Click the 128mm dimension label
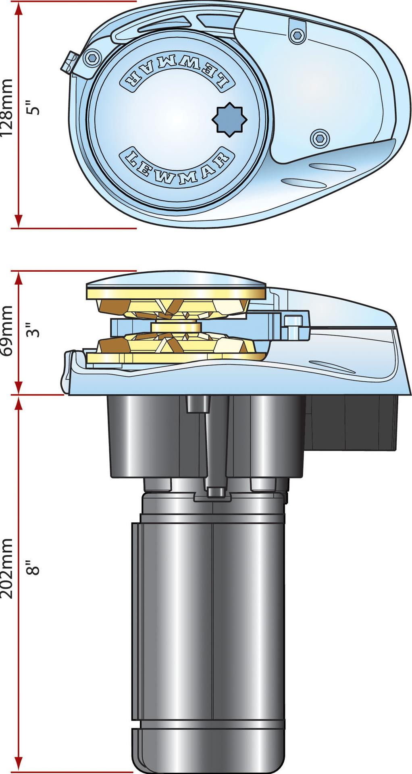click(x=8, y=108)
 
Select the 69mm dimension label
click(x=8, y=331)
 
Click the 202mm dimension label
click(x=8, y=568)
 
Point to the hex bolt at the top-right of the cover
click(x=298, y=35)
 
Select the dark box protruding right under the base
click(x=351, y=423)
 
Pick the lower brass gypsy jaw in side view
click(x=173, y=347)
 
